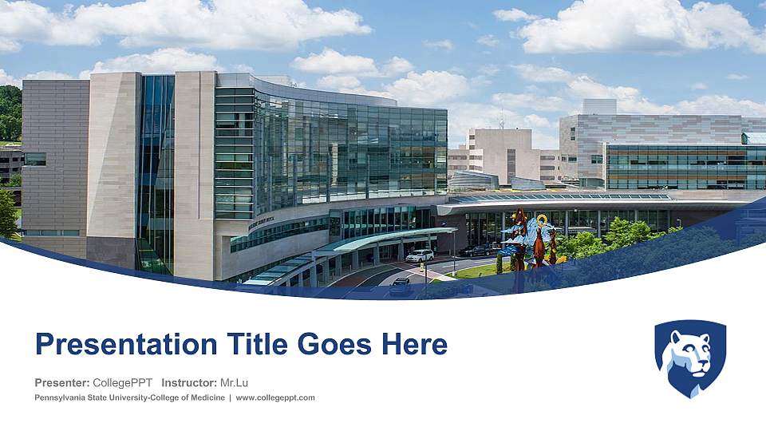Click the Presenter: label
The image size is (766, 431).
[x=62, y=382]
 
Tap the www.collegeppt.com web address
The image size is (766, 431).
[x=275, y=397]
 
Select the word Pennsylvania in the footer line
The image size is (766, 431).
[x=60, y=397]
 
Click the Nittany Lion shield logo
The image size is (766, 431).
[x=690, y=358]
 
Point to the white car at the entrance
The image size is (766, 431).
[x=420, y=255]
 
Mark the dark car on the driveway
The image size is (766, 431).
[x=401, y=283]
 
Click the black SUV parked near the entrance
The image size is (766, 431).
[x=477, y=251]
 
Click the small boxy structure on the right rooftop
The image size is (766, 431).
[x=599, y=107]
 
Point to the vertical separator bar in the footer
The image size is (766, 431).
[x=230, y=397]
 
